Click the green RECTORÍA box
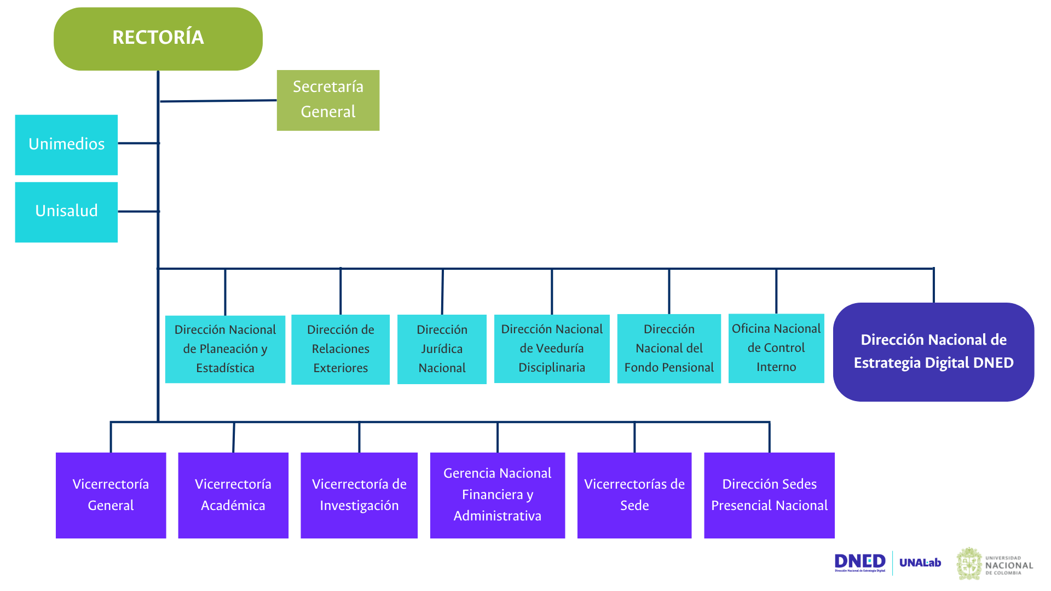click(x=158, y=39)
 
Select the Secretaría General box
click(x=328, y=100)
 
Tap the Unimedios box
click(x=66, y=144)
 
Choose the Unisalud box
click(x=66, y=212)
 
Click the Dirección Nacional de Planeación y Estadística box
click(x=225, y=349)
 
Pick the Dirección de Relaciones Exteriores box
click(x=340, y=349)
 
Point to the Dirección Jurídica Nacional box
click(x=442, y=349)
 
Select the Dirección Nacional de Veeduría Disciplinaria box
click(x=552, y=349)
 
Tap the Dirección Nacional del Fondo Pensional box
click(x=669, y=349)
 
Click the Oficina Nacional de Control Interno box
click(x=776, y=348)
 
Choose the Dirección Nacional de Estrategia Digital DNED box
click(x=933, y=352)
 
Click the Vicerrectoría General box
click(x=111, y=495)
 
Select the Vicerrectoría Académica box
click(x=233, y=495)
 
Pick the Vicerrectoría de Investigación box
click(x=359, y=495)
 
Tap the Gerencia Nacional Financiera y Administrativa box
click(x=497, y=495)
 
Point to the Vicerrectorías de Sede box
click(x=634, y=495)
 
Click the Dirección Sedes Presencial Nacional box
click(x=769, y=495)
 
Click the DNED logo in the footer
click(x=859, y=562)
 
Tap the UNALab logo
click(x=920, y=563)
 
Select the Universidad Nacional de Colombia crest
click(x=969, y=564)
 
